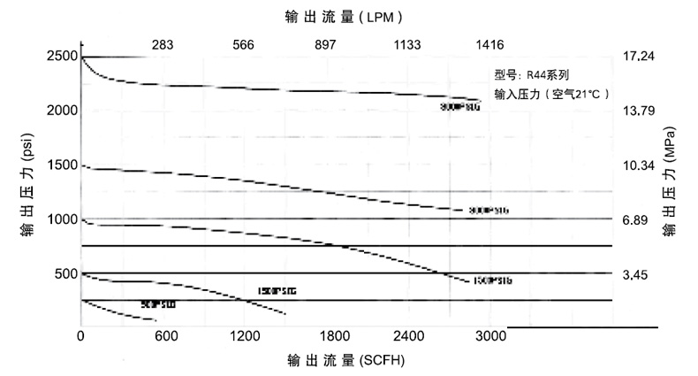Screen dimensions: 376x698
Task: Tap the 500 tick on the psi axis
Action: [64, 274]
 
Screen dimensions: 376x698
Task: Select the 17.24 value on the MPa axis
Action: [638, 56]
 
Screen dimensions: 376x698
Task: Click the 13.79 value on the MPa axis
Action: [638, 111]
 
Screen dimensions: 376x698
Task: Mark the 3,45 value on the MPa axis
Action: [635, 275]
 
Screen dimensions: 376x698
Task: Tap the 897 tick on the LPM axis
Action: [326, 44]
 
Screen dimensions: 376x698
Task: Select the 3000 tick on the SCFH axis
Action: [490, 336]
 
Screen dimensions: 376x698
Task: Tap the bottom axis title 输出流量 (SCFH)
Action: [347, 361]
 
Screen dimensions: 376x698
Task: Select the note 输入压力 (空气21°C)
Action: [551, 92]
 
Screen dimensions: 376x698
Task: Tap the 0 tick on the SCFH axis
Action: [81, 336]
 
